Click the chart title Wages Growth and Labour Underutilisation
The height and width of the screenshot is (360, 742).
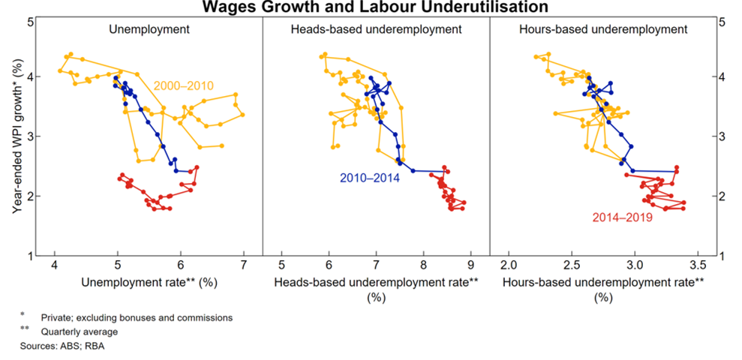pos(371,7)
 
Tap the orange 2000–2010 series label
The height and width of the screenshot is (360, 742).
pos(184,86)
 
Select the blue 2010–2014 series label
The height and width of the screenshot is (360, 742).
pos(369,178)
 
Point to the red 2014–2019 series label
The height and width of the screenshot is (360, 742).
pos(622,217)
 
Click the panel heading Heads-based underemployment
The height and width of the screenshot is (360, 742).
pos(376,30)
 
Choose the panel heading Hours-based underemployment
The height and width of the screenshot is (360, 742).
pos(602,30)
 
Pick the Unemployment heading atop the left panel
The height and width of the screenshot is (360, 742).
pos(149,30)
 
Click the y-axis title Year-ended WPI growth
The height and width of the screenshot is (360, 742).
pos(16,139)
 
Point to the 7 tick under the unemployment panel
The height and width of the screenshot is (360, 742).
pos(244,266)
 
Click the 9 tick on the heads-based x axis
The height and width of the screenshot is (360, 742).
pos(470,266)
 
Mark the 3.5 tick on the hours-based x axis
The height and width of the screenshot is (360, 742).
pos(698,266)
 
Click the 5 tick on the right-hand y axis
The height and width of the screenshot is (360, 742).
pos(722,22)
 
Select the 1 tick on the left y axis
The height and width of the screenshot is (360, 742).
pos(29,256)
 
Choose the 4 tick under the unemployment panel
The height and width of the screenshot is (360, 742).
pos(54,266)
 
